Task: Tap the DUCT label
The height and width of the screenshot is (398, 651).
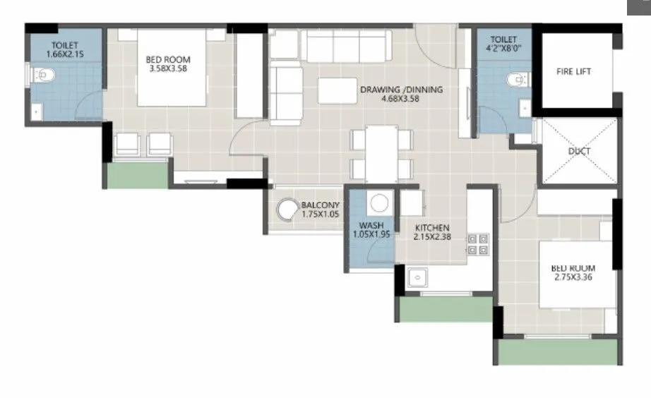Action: (579, 151)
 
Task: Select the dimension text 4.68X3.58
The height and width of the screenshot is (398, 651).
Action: (401, 99)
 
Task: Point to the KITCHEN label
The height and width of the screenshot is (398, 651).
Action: (432, 228)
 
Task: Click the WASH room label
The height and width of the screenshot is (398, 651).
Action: (371, 225)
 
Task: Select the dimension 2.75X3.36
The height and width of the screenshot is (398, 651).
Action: (573, 278)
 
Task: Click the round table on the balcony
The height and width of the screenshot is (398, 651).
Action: (287, 210)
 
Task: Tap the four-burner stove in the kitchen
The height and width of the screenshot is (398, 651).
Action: (478, 243)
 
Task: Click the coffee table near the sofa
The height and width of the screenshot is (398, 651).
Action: (336, 91)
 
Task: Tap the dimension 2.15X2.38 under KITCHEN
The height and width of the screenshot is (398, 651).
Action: (432, 238)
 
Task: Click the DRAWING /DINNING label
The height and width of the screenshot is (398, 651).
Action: (401, 90)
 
